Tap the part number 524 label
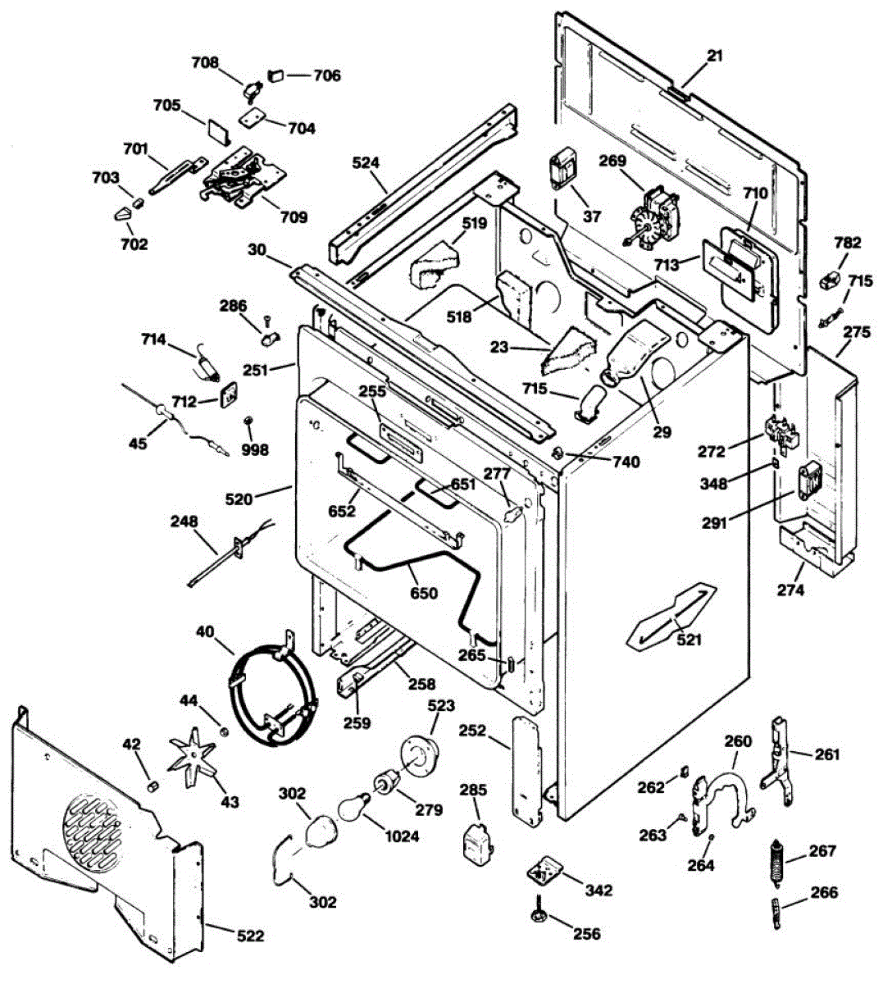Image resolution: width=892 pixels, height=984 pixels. pos(366,162)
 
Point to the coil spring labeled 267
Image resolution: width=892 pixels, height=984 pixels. pos(775,862)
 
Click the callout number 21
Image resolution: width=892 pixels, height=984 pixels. pos(716,56)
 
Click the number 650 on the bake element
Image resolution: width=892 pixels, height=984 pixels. pos(424,594)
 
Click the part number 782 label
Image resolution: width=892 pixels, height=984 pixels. pos(847,243)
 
